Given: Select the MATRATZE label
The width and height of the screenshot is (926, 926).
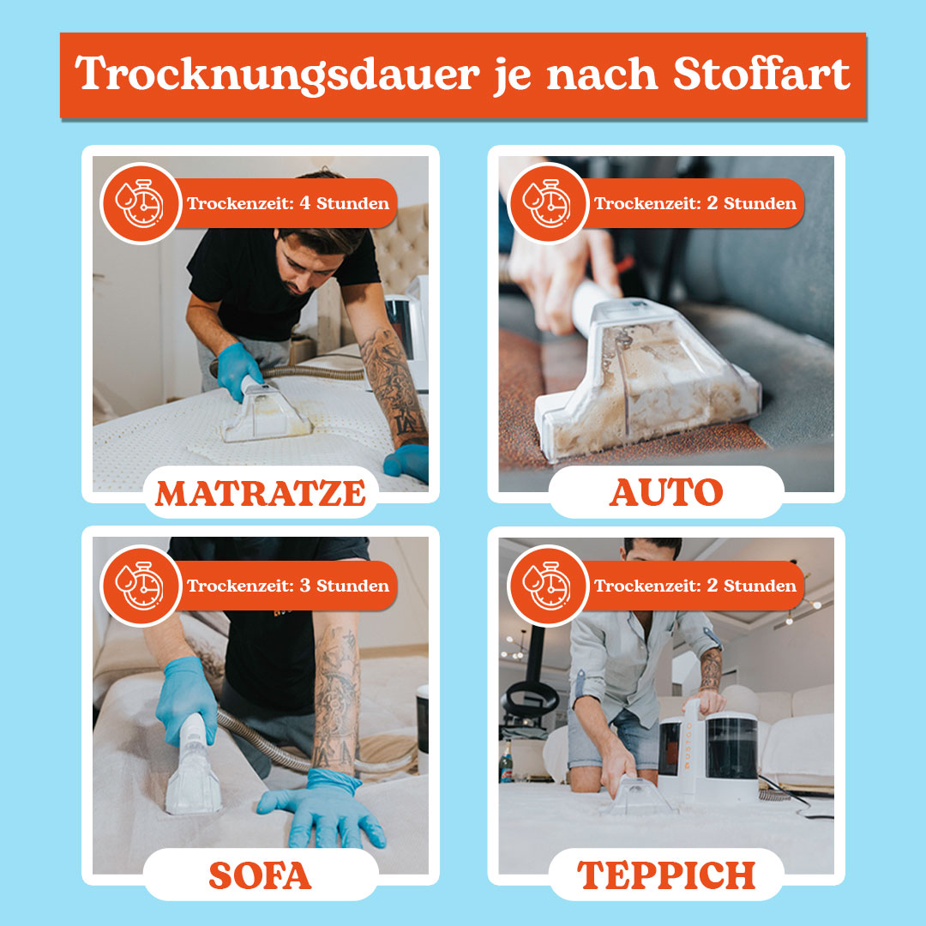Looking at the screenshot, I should (x=261, y=494).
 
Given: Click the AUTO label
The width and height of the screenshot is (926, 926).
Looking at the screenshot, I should (x=666, y=492).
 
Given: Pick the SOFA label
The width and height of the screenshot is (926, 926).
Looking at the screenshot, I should (x=260, y=875).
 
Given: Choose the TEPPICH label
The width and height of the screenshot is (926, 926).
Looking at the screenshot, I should (x=666, y=875).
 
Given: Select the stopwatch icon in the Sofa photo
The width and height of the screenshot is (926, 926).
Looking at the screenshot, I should (x=140, y=586).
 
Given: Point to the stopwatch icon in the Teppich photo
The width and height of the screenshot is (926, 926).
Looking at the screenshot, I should (x=547, y=586).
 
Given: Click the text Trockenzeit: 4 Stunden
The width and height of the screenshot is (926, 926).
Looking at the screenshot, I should (x=288, y=204).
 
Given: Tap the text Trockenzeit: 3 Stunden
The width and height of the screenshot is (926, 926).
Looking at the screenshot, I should (x=288, y=586).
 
